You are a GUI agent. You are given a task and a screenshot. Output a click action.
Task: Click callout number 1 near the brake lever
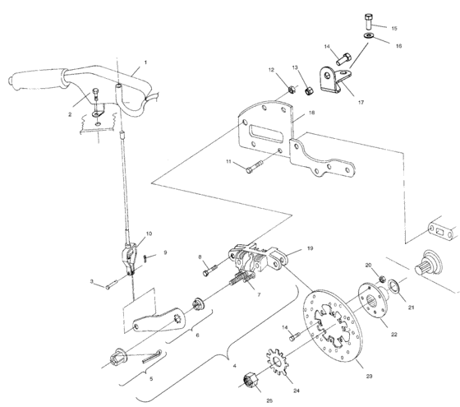point(145,62)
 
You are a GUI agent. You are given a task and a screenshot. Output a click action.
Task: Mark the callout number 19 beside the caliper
point(311,247)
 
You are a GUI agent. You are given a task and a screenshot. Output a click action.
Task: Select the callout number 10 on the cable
point(149,234)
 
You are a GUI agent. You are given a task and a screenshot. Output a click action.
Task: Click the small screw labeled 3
point(115,284)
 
